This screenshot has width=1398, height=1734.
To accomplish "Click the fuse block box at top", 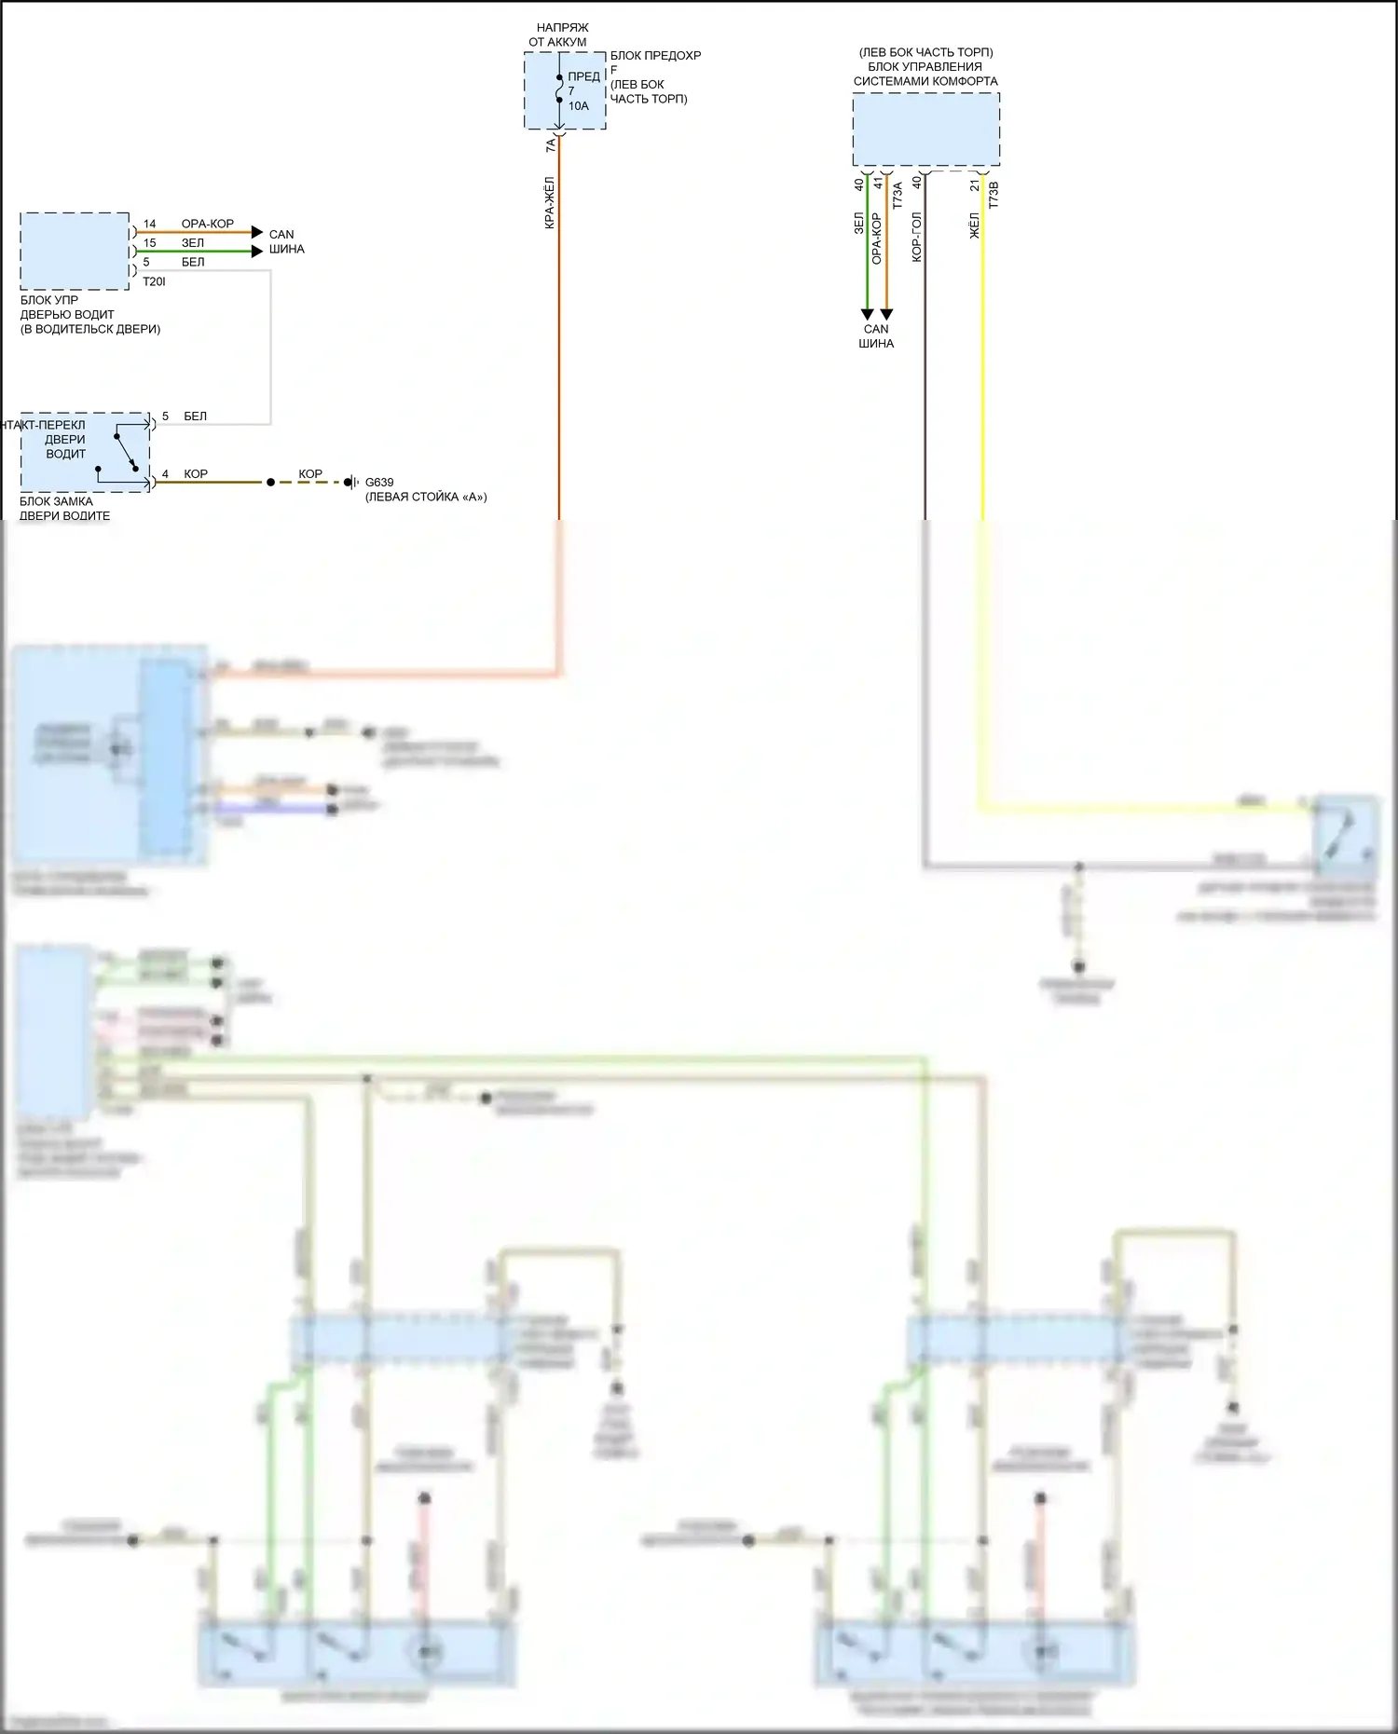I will (565, 90).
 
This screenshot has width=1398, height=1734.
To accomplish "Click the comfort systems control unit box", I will (925, 130).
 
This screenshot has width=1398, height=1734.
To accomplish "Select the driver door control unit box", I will (75, 251).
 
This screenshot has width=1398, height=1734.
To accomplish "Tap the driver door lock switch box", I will (84, 452).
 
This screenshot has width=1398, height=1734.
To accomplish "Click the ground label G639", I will (379, 483).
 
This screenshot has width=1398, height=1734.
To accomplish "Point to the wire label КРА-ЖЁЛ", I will (550, 203).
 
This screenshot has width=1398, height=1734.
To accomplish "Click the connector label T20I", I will (154, 281).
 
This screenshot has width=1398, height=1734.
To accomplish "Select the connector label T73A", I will (898, 195).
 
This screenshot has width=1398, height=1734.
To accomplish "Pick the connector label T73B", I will (994, 195).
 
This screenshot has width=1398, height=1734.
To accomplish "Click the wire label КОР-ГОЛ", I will (916, 237).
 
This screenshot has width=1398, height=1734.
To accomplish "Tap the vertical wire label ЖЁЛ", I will (975, 225).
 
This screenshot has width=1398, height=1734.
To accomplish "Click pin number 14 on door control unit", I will (149, 225).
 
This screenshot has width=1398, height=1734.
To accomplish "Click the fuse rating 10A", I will (579, 106).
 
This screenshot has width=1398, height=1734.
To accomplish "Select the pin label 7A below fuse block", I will (550, 145).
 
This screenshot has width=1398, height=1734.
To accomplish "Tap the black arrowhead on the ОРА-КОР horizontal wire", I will (257, 232).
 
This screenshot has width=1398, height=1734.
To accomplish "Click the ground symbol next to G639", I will (351, 483).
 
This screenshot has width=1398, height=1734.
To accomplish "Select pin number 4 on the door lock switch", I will (165, 474).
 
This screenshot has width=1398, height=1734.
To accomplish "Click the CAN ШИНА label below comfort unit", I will (876, 336).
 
